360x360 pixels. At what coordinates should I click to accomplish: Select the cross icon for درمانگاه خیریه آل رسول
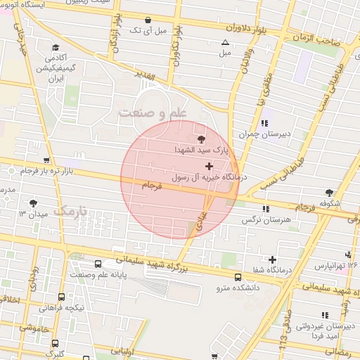[209, 166]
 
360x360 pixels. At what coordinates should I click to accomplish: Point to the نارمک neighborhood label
[72, 210]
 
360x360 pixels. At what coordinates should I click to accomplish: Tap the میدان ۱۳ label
[32, 213]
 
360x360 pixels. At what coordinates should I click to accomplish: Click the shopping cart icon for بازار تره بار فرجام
[46, 161]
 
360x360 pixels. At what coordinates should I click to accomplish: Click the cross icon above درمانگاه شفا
[272, 241]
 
